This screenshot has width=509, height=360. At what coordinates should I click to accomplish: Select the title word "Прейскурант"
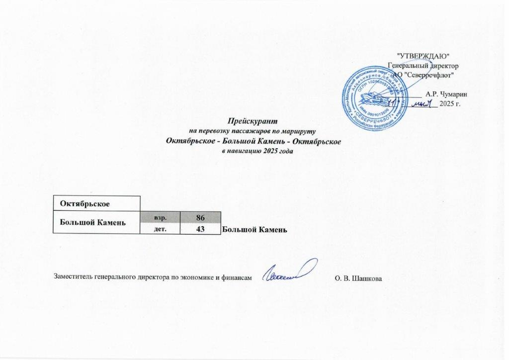[253, 121]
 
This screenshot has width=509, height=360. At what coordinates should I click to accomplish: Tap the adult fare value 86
[200, 217]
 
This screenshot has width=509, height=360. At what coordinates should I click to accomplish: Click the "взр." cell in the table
[160, 217]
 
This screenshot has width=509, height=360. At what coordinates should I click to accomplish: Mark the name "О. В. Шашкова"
[359, 276]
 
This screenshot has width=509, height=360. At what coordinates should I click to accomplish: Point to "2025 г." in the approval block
[451, 104]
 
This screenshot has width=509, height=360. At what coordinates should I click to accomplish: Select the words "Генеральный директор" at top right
[424, 65]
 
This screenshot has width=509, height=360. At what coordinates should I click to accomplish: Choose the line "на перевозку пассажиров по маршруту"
[253, 131]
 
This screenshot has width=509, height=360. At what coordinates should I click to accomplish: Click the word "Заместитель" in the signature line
[70, 276]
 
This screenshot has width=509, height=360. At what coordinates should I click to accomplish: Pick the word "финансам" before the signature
[233, 276]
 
